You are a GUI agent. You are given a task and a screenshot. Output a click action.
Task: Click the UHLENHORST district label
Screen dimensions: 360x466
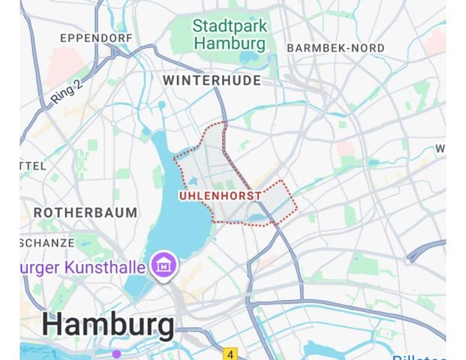tap(221, 196)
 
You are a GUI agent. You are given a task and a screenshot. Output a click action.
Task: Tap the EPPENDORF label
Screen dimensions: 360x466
tap(96, 37)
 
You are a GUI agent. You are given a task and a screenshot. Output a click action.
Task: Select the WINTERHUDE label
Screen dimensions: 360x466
tap(212, 80)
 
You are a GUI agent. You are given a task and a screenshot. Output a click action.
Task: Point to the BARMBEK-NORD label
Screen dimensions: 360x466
tap(335, 48)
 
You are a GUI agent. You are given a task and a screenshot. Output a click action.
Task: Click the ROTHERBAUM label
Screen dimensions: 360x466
tap(86, 213)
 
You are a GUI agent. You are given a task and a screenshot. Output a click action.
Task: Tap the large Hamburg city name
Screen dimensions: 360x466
tap(108, 325)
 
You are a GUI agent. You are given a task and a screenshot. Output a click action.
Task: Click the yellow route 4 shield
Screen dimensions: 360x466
tap(230, 353)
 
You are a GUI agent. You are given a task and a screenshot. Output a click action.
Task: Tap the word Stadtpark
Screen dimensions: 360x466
tap(229, 25)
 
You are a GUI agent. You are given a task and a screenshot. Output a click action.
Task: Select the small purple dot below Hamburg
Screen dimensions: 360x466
tap(116, 353)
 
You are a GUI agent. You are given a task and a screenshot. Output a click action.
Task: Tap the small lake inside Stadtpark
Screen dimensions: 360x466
tap(248, 58)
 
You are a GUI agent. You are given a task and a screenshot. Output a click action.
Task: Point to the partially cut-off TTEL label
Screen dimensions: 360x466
tap(34, 165)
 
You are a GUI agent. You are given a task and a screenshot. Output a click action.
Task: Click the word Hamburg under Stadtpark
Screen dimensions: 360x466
tap(230, 43)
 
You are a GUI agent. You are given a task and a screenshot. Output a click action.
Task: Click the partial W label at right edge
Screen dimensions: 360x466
tap(440, 148)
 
